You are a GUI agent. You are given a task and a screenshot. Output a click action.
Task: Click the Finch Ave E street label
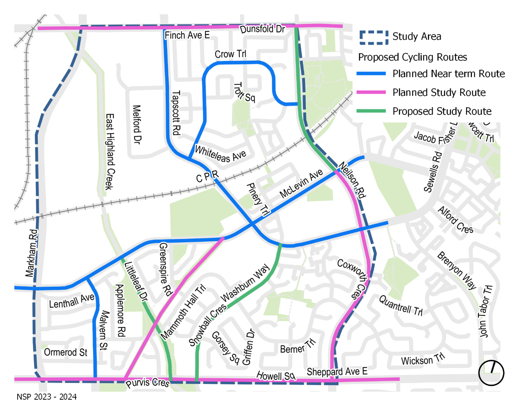(x=187, y=35)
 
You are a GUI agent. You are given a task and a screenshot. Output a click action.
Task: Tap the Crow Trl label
(x=230, y=54)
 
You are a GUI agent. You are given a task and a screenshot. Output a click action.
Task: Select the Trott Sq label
(x=244, y=92)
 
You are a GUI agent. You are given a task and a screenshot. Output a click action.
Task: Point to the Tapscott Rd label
(x=176, y=113)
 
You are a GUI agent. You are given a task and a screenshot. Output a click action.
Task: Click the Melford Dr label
(x=136, y=124)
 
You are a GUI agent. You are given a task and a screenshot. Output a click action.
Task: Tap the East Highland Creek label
(x=110, y=151)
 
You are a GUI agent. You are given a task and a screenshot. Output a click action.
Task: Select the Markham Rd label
(x=32, y=253)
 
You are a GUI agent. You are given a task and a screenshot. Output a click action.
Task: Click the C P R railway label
(x=207, y=176)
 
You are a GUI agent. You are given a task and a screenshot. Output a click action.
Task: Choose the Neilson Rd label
(x=352, y=180)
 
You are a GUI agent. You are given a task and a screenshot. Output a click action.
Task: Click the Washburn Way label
(x=245, y=283)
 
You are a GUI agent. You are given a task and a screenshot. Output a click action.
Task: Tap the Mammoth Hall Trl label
(x=183, y=312)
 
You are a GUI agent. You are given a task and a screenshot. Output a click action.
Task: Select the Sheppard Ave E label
(x=337, y=372)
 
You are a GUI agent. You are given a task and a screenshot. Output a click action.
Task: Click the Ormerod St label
(x=66, y=352)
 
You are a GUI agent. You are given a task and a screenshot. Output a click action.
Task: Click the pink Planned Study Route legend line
(x=371, y=92)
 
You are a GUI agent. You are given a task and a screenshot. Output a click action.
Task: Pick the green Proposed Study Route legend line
(x=371, y=111)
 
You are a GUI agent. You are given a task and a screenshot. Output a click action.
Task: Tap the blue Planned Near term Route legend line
(x=371, y=74)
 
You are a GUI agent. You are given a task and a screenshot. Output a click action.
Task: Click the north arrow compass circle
(x=491, y=373)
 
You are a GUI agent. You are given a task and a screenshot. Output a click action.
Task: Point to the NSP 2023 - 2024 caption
(x=47, y=397)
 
